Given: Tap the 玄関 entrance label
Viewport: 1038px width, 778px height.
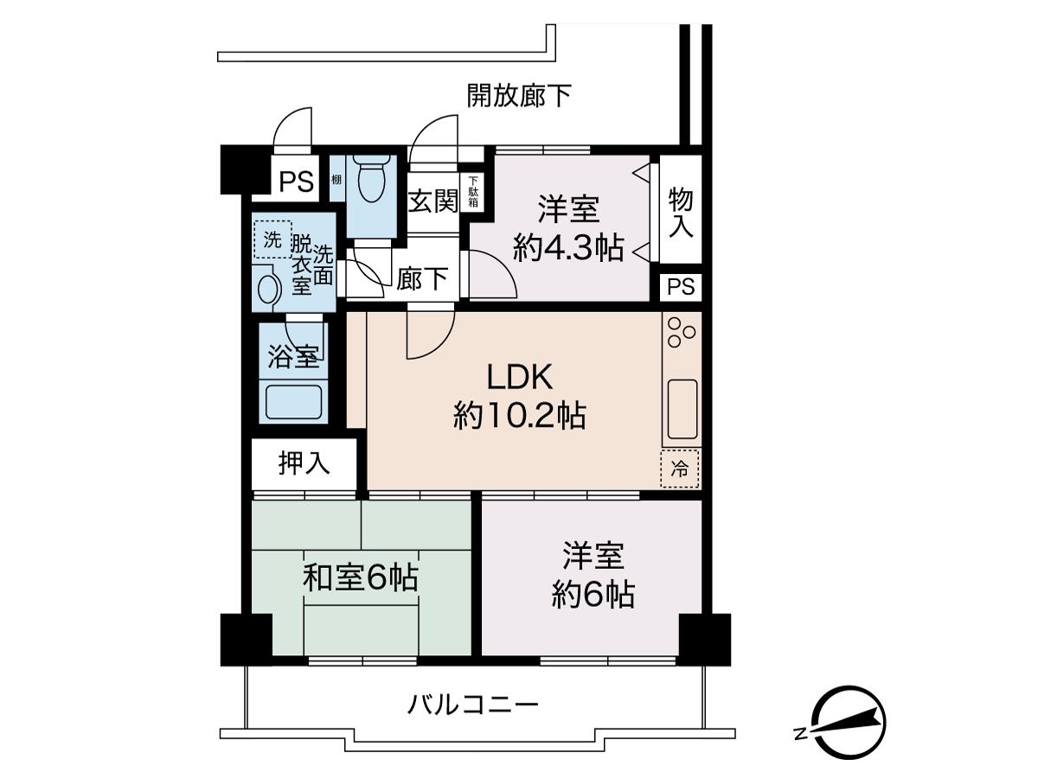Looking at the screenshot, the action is [x=433, y=201].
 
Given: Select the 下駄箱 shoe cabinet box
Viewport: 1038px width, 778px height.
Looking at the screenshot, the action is [x=473, y=191].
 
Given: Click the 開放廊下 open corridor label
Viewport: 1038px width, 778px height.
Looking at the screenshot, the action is [x=519, y=95].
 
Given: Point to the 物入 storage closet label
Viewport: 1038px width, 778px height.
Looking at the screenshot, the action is [x=681, y=213].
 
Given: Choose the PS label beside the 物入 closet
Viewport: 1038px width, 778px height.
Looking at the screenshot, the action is [x=681, y=286].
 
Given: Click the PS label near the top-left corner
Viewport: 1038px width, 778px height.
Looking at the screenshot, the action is [x=297, y=182].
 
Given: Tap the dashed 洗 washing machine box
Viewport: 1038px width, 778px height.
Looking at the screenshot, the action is [x=272, y=240].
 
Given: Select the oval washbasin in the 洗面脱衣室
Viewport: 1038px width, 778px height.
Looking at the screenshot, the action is [x=267, y=288].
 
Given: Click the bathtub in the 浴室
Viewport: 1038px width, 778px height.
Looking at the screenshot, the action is [x=293, y=402].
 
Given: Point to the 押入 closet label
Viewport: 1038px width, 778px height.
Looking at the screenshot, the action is [x=304, y=463].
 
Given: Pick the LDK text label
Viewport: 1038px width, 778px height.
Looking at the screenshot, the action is [x=520, y=377].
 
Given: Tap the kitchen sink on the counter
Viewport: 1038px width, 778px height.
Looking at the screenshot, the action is [x=682, y=409].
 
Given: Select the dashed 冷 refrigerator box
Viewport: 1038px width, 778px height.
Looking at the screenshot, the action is [x=680, y=469].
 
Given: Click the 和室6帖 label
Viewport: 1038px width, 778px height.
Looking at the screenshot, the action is [x=361, y=578].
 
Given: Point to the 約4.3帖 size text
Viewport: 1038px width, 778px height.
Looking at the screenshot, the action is [x=568, y=247].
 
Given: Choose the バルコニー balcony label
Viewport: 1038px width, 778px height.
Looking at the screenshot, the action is [x=473, y=705].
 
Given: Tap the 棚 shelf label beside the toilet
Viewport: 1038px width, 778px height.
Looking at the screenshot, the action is [x=336, y=180].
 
